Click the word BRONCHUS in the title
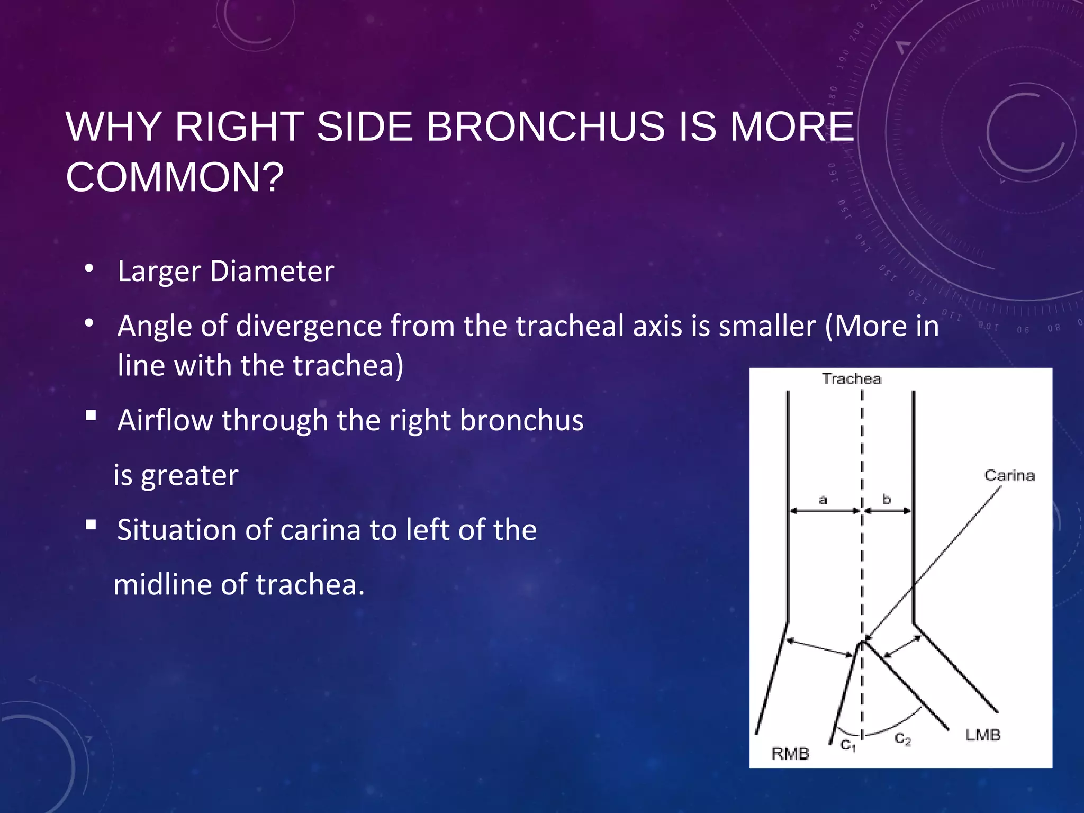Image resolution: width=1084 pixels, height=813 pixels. click(545, 127)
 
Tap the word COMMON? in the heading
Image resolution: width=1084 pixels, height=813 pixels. click(175, 177)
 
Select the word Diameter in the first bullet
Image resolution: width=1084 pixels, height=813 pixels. click(272, 272)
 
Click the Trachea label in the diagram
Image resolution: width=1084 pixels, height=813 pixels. click(851, 379)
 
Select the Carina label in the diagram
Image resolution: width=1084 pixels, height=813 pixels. click(1009, 475)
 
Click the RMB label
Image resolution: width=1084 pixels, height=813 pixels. click(790, 754)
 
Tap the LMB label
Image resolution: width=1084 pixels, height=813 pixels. click(983, 735)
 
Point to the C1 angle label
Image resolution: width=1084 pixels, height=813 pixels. click(848, 745)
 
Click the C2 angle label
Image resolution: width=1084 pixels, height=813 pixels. click(902, 739)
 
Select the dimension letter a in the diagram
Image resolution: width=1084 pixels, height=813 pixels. click(823, 499)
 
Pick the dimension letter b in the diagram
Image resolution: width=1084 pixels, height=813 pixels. click(887, 499)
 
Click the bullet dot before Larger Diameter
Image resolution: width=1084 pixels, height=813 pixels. click(89, 268)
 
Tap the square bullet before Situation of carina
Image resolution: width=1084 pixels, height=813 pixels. click(91, 525)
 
